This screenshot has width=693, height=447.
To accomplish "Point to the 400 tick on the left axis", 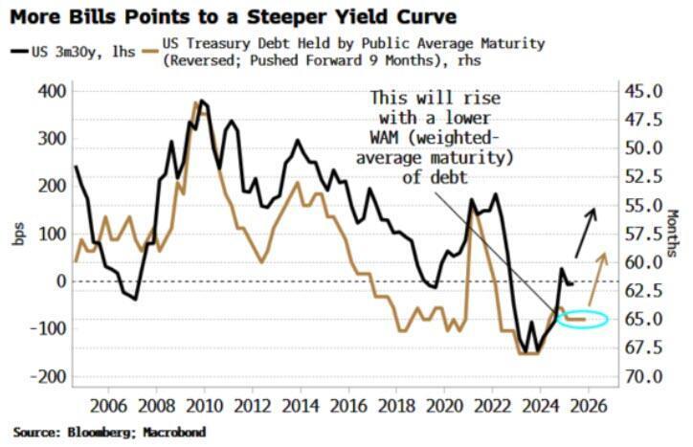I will coord(47,91).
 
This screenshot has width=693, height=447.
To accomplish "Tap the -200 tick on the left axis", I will coord(43,376).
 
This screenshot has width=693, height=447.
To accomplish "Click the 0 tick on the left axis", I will coord(56,281).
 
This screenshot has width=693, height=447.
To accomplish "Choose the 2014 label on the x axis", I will coord(301,404).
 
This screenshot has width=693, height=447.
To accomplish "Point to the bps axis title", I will coord(18,234).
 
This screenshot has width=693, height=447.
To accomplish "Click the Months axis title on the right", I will coord(674,234).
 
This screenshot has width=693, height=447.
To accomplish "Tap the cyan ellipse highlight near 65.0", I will coord(582,319).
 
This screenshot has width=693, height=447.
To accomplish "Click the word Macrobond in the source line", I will coord(174,433).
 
